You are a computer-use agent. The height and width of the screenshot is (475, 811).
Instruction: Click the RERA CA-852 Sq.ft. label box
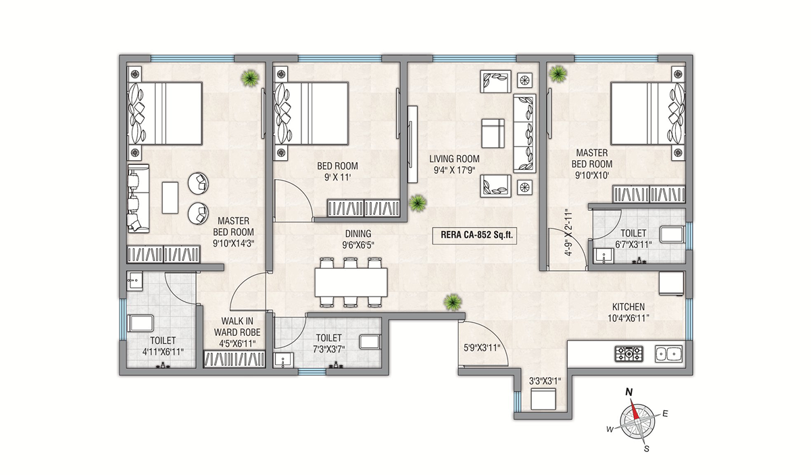coord(474,234)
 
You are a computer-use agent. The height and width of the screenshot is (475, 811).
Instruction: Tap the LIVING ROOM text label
coord(454,159)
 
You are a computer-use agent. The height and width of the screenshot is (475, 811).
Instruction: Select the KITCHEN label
coord(628,307)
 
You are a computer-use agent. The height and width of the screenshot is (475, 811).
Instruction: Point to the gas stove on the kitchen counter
coord(629,353)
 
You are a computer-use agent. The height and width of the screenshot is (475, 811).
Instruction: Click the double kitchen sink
coord(668,353)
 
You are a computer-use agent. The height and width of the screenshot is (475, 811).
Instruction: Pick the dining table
coord(351,282)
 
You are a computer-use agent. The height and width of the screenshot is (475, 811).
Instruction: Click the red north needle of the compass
coord(634,409)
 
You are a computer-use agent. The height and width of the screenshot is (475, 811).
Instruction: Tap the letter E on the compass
coord(665,414)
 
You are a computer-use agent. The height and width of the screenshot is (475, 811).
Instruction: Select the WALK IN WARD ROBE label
coord(237,326)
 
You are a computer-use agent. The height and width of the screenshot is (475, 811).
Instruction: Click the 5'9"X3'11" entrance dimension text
coord(482,348)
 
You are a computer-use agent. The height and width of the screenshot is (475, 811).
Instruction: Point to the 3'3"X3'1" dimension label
coord(545,381)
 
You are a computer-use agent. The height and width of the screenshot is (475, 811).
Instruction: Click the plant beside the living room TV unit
coord(418,203)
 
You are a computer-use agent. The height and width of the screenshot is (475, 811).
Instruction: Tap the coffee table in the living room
coord(493,133)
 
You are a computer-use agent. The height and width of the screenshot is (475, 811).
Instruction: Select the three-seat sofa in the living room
coord(524,133)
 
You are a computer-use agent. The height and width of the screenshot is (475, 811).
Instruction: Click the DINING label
coord(358,234)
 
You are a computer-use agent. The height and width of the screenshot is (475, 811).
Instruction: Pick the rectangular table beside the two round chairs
coord(170,198)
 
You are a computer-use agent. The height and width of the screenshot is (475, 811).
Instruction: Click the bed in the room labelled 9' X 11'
coord(312,113)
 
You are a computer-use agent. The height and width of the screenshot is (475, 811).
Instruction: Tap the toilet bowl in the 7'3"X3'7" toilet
coord(370,342)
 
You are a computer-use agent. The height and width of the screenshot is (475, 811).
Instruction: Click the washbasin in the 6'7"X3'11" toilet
coord(604,256)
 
